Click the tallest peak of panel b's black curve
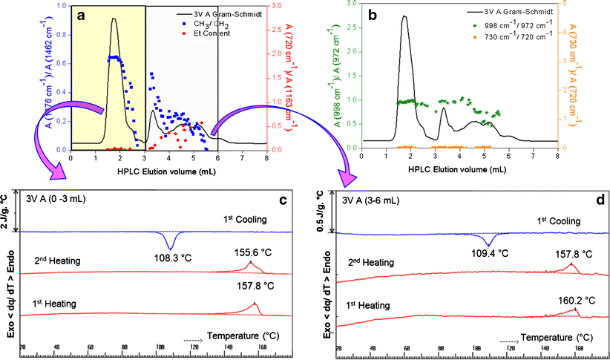(404, 16)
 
